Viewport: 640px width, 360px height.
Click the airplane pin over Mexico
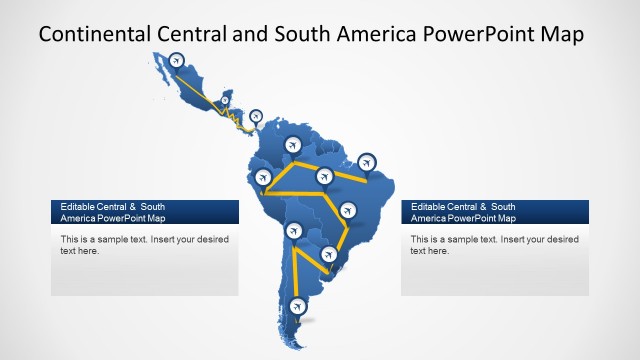click(178, 61)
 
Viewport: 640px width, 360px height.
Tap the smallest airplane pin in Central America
click(225, 99)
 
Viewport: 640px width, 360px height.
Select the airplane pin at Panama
click(255, 116)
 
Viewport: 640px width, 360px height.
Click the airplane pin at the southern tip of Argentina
click(297, 305)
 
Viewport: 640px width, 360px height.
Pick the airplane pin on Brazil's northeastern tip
click(367, 161)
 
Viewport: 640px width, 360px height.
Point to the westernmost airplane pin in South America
click(265, 178)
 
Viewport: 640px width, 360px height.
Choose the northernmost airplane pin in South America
click(293, 142)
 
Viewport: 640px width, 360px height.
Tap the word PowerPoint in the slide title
click(476, 34)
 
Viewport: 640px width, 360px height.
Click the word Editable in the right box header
click(428, 206)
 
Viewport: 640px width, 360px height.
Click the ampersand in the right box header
click(482, 206)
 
